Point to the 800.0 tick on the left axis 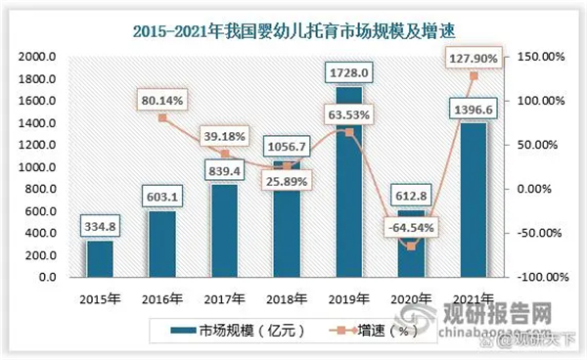[x=39, y=189]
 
